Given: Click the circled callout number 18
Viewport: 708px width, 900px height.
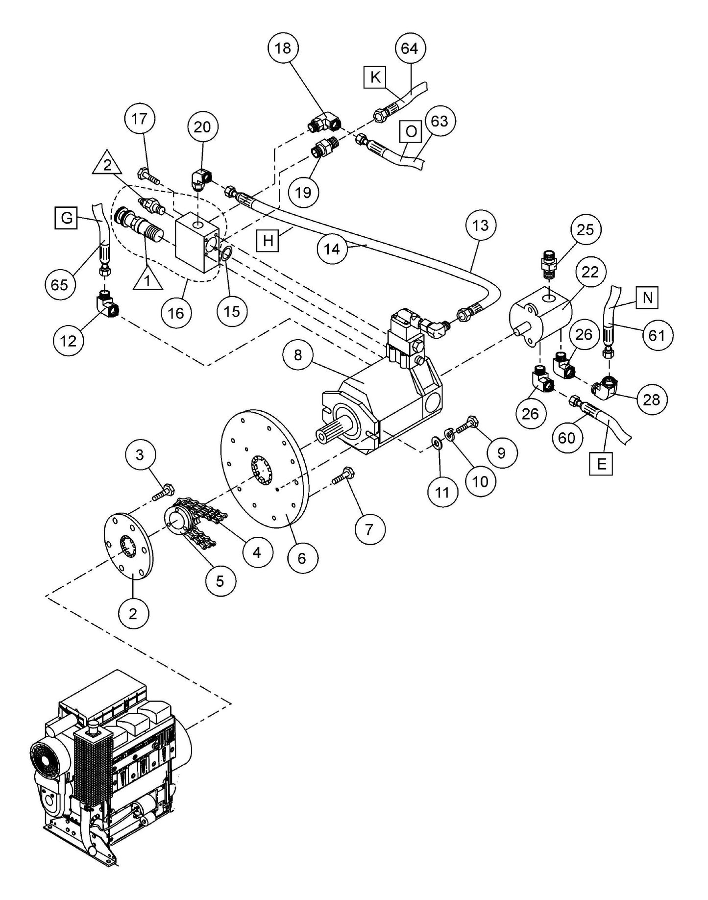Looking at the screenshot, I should coord(283,48).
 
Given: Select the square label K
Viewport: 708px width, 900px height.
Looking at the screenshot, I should coord(375,77).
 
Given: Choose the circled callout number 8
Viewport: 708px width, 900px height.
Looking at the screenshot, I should coord(298,355).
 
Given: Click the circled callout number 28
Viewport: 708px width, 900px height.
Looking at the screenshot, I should coord(651,400).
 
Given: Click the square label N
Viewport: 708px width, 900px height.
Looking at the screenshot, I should coord(648,297).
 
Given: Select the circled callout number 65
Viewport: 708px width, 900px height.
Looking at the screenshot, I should coord(60,284).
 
